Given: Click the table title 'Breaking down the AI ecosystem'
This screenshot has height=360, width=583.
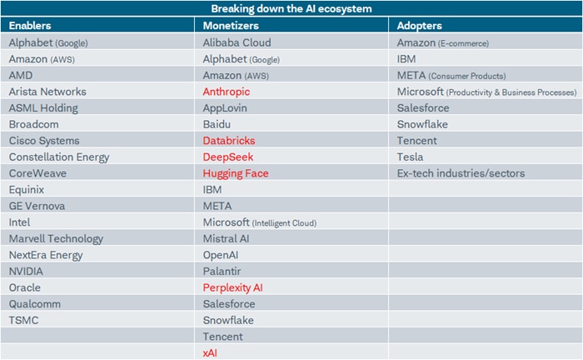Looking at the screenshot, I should coord(291,8).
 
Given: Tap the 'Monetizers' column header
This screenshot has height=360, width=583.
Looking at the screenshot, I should coord(230,26).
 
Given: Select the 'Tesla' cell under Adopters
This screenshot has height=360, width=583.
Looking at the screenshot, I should coord(410,157).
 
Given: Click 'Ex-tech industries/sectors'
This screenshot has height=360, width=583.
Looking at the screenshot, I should coord(461,173).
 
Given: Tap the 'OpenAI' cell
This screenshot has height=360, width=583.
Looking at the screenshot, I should coord(222,255).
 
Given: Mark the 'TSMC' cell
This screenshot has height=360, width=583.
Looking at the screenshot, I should coord(24,320).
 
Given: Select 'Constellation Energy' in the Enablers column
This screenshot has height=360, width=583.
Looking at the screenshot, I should coord(59,157).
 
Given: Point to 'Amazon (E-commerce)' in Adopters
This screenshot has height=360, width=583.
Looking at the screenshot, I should coord(443,42).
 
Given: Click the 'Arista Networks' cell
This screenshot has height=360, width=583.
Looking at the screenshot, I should coord(47,92).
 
